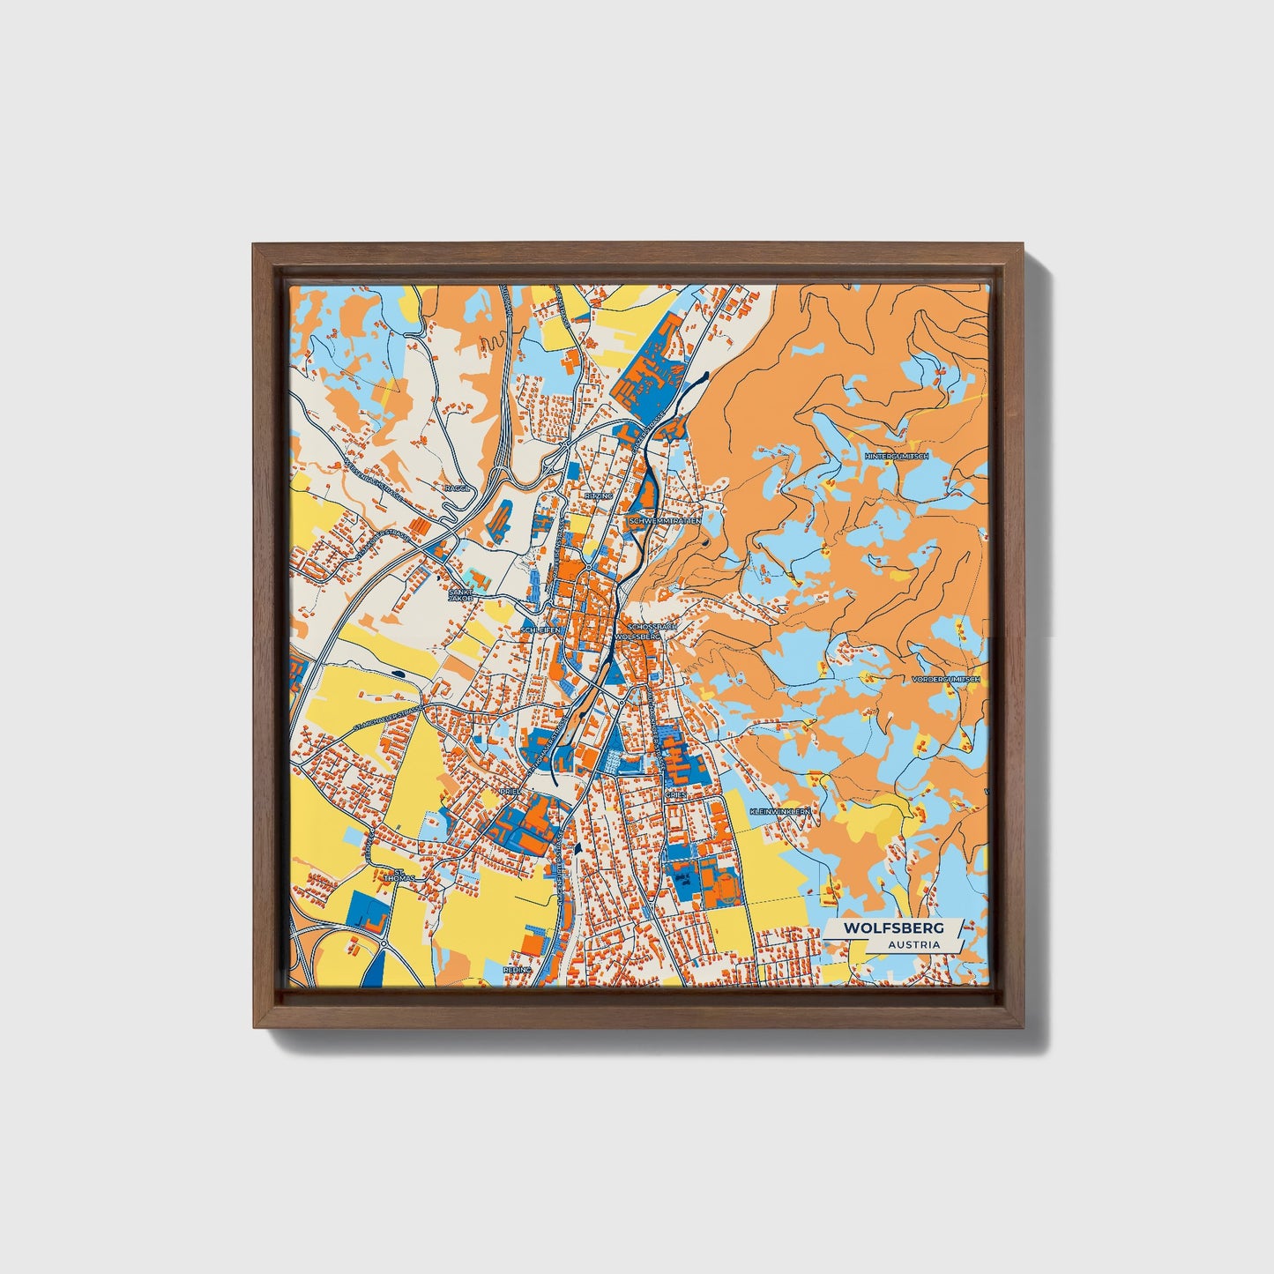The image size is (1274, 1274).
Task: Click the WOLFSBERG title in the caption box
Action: point(893,928)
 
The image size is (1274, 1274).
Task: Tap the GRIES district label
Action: point(675,794)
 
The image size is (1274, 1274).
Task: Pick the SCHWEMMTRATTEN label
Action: point(666,522)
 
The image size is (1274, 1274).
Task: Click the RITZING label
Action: point(598,496)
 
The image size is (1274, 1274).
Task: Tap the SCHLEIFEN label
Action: point(540,631)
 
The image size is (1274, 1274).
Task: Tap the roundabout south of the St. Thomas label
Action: point(385,944)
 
